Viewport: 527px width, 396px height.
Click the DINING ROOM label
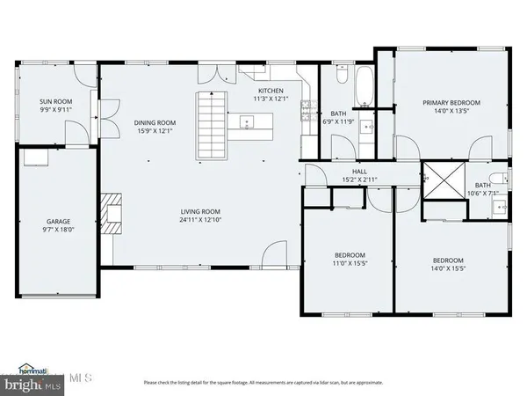point(155,122)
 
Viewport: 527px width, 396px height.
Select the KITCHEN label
point(270,92)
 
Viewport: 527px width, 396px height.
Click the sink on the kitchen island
point(244,122)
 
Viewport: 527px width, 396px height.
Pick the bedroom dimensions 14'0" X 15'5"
point(453,268)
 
